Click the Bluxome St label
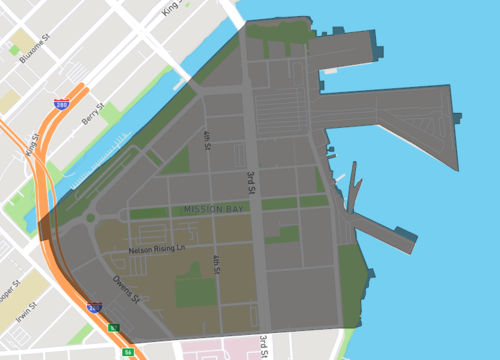[x=32, y=44]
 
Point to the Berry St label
[x=93, y=118]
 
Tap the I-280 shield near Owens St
[x=94, y=308]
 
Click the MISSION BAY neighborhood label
[x=214, y=210]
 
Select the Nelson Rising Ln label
[x=157, y=250]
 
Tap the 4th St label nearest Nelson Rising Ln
[x=215, y=263]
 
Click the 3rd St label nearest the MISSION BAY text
[x=252, y=183]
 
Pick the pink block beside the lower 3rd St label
[x=220, y=349]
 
